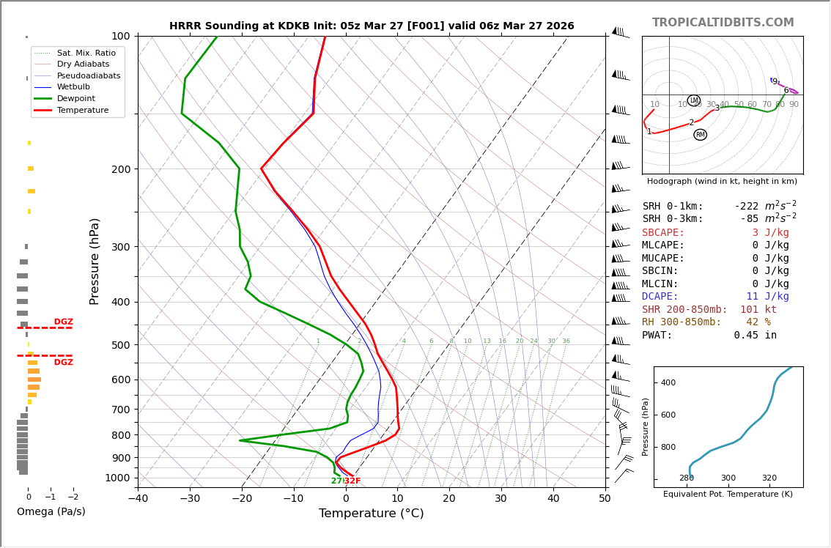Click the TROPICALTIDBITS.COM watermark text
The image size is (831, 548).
click(723, 23)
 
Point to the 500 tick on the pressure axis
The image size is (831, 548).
click(121, 345)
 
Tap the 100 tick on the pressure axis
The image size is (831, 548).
click(121, 36)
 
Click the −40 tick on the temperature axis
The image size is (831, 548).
click(138, 499)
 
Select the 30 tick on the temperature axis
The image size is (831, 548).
click(501, 499)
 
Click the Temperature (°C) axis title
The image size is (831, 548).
click(371, 514)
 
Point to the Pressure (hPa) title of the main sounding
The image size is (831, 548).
click(95, 261)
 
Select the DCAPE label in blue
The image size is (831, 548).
click(663, 297)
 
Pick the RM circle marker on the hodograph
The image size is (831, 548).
click(701, 135)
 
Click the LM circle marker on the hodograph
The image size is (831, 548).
click(694, 100)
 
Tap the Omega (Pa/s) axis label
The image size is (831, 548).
click(51, 511)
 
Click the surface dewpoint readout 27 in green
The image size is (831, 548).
click(336, 481)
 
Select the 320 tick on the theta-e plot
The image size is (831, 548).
click(769, 478)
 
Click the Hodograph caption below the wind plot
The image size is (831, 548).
click(722, 181)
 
